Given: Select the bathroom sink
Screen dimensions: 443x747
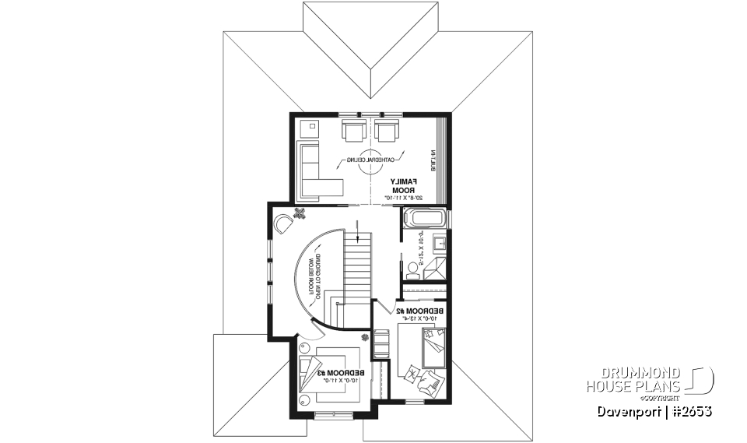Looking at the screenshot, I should pyautogui.click(x=438, y=242).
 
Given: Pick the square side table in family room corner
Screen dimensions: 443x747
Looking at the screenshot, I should pyautogui.click(x=309, y=126).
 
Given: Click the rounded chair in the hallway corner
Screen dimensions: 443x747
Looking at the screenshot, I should pyautogui.click(x=284, y=225).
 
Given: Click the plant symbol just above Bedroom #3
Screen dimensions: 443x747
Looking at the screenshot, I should pyautogui.click(x=365, y=338).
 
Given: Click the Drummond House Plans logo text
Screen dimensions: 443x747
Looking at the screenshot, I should pyautogui.click(x=634, y=380).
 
